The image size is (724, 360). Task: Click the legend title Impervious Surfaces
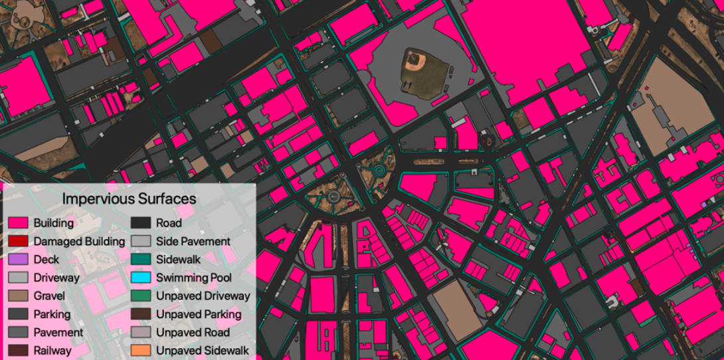point(129,199)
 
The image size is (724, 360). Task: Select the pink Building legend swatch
point(18,223)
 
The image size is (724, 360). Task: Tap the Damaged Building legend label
point(79,241)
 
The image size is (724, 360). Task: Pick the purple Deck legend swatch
point(18,260)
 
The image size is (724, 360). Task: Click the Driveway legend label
point(56,278)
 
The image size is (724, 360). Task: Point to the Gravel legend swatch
point(18,296)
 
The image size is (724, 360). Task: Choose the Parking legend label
point(52,314)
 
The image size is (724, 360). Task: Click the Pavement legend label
point(58,332)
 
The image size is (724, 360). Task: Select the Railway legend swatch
point(18,350)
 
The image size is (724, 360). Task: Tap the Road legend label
point(169,223)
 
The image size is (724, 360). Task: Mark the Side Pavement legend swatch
point(140,241)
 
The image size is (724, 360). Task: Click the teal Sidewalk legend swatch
point(140,260)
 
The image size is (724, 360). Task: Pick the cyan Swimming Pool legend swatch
point(140,278)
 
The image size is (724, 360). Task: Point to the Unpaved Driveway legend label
point(203,296)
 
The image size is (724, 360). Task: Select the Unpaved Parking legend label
point(199,314)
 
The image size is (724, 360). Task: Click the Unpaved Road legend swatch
point(140,332)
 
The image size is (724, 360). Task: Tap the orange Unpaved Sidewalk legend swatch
point(140,350)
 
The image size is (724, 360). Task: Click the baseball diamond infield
point(416,63)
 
